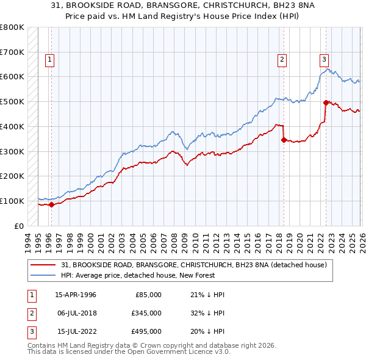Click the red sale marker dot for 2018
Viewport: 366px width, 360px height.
[x=284, y=140]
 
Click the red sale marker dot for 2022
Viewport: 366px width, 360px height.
[x=326, y=103]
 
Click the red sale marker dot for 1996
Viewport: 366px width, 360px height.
[x=51, y=204]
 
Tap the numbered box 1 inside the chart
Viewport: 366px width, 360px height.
[x=49, y=59]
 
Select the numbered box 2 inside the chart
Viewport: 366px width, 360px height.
[x=282, y=59]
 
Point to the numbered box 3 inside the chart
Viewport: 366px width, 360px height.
[x=324, y=59]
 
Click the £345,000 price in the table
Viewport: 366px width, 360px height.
[x=147, y=313]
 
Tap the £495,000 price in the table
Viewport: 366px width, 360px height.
[x=147, y=331]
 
